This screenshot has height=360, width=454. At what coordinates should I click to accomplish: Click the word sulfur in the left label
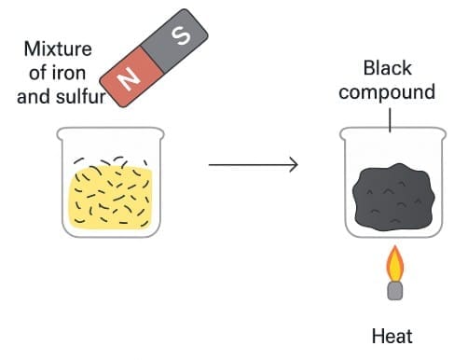pyautogui.click(x=83, y=92)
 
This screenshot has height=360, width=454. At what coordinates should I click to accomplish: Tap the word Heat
pyautogui.click(x=392, y=336)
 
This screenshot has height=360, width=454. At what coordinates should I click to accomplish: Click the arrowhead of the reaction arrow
pyautogui.click(x=294, y=166)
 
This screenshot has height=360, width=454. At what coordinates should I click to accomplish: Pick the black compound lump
pyautogui.click(x=391, y=197)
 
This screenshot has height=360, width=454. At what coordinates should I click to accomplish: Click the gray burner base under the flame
pyautogui.click(x=395, y=290)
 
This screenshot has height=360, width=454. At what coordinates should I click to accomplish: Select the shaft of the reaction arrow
pyautogui.click(x=247, y=166)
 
